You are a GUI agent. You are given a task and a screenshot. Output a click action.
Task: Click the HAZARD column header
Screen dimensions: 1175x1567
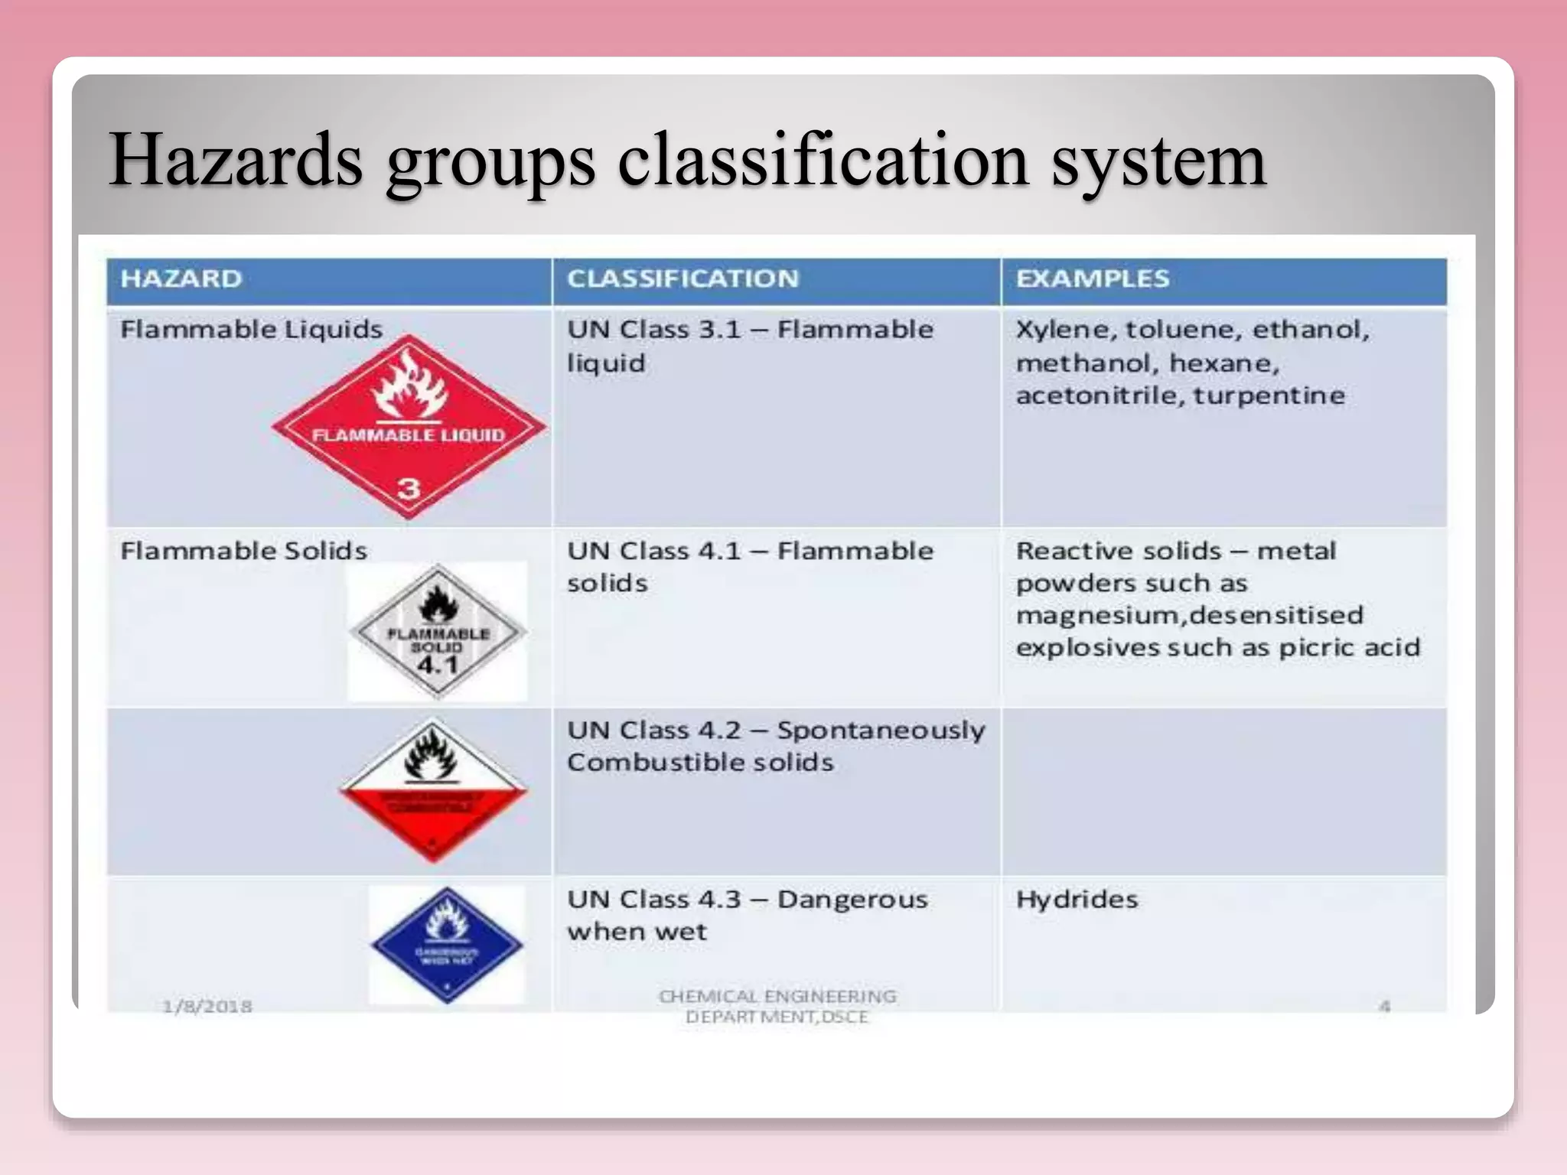(181, 278)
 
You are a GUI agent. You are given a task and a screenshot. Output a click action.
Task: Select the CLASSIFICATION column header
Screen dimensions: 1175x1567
(683, 278)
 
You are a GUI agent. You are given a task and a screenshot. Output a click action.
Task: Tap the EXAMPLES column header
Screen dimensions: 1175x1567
(1092, 278)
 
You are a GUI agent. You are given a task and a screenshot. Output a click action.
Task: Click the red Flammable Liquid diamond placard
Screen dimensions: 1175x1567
(409, 428)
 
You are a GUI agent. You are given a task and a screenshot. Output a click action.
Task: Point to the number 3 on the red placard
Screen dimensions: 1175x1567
(409, 487)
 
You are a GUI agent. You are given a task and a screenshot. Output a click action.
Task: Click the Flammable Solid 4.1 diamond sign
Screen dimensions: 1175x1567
(438, 632)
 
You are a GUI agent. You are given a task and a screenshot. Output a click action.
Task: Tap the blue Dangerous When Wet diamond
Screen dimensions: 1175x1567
(447, 945)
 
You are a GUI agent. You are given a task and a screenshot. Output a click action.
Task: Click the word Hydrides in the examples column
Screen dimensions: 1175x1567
(1077, 900)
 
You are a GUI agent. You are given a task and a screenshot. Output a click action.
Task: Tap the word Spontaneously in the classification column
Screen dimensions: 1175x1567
(881, 731)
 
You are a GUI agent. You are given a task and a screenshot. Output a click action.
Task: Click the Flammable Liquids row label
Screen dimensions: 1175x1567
(251, 330)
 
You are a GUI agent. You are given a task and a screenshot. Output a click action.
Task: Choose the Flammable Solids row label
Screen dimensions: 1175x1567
(243, 551)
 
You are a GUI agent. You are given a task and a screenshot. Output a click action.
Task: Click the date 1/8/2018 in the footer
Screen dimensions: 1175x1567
(207, 1006)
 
